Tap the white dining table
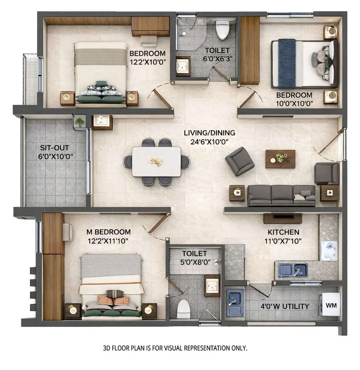coord(156,162)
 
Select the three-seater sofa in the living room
coord(281,195)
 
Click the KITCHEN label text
coord(283,232)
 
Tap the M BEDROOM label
coord(108,232)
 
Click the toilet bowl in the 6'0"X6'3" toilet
coord(222,29)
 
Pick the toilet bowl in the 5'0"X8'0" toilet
coord(183,309)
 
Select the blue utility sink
coord(235,303)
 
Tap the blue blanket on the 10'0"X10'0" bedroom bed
coord(287,64)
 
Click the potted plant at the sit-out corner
coord(79,122)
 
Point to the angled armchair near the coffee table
coord(240,161)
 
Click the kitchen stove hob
coord(329,250)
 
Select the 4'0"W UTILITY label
coord(285,307)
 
